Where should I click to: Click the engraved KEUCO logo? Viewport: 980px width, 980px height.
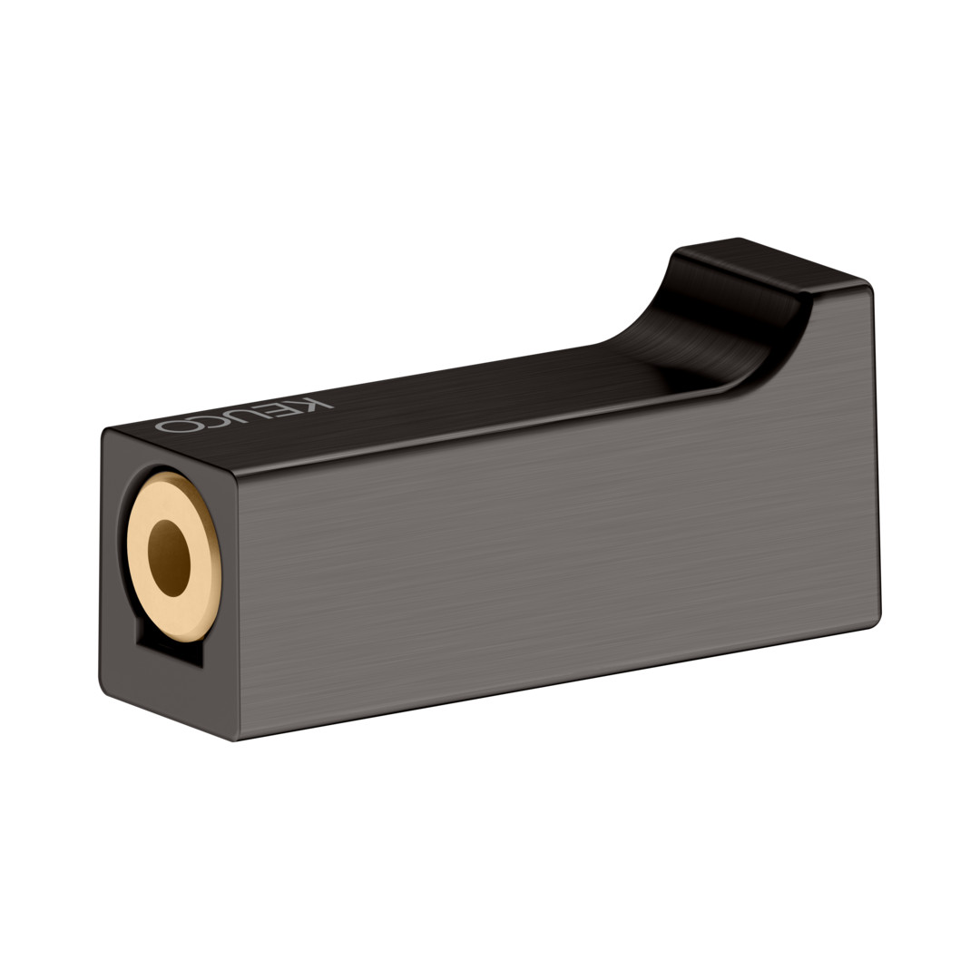(x=244, y=415)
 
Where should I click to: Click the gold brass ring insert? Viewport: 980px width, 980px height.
(x=173, y=556)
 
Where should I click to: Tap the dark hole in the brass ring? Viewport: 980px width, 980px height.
(x=169, y=557)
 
